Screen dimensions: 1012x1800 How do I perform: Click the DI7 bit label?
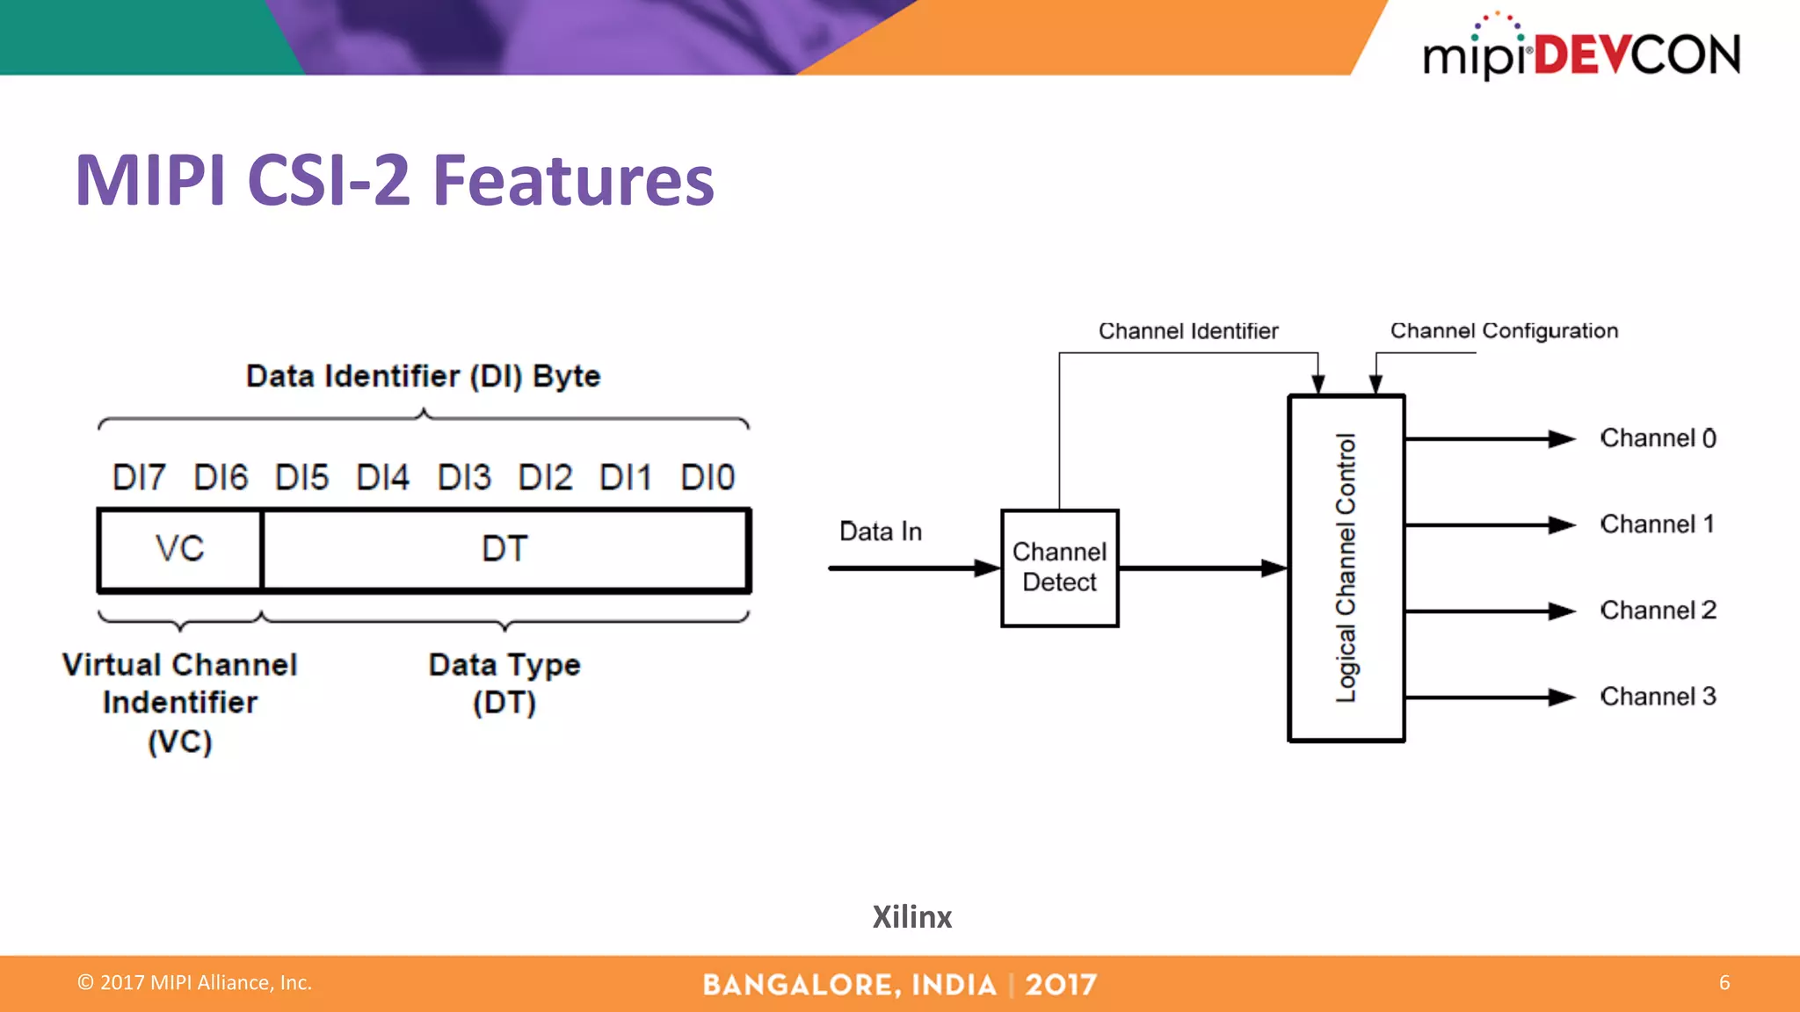click(x=139, y=478)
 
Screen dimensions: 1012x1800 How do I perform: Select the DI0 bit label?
click(x=708, y=478)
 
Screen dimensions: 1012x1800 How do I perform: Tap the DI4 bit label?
click(x=382, y=478)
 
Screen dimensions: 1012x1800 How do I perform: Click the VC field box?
click(x=180, y=549)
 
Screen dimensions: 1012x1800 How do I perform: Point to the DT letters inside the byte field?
click(x=504, y=549)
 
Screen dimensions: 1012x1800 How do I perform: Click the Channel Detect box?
click(x=1059, y=567)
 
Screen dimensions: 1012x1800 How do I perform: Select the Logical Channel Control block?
click(x=1346, y=567)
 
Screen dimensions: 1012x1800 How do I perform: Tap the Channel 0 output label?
click(x=1658, y=438)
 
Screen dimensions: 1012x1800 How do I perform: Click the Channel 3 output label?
click(x=1658, y=697)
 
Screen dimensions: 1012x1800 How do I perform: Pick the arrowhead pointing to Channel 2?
click(x=1562, y=611)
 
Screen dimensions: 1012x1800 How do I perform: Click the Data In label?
click(x=881, y=531)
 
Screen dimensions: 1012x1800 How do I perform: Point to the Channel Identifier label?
click(x=1188, y=331)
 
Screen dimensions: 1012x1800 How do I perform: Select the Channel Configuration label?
click(x=1504, y=331)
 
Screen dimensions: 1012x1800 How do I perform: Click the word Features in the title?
click(x=574, y=181)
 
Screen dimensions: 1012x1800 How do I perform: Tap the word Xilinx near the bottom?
click(x=911, y=917)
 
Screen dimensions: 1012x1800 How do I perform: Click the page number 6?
click(x=1724, y=982)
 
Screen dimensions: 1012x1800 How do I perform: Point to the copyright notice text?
click(x=195, y=982)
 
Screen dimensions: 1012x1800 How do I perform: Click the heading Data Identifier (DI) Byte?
click(x=423, y=376)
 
